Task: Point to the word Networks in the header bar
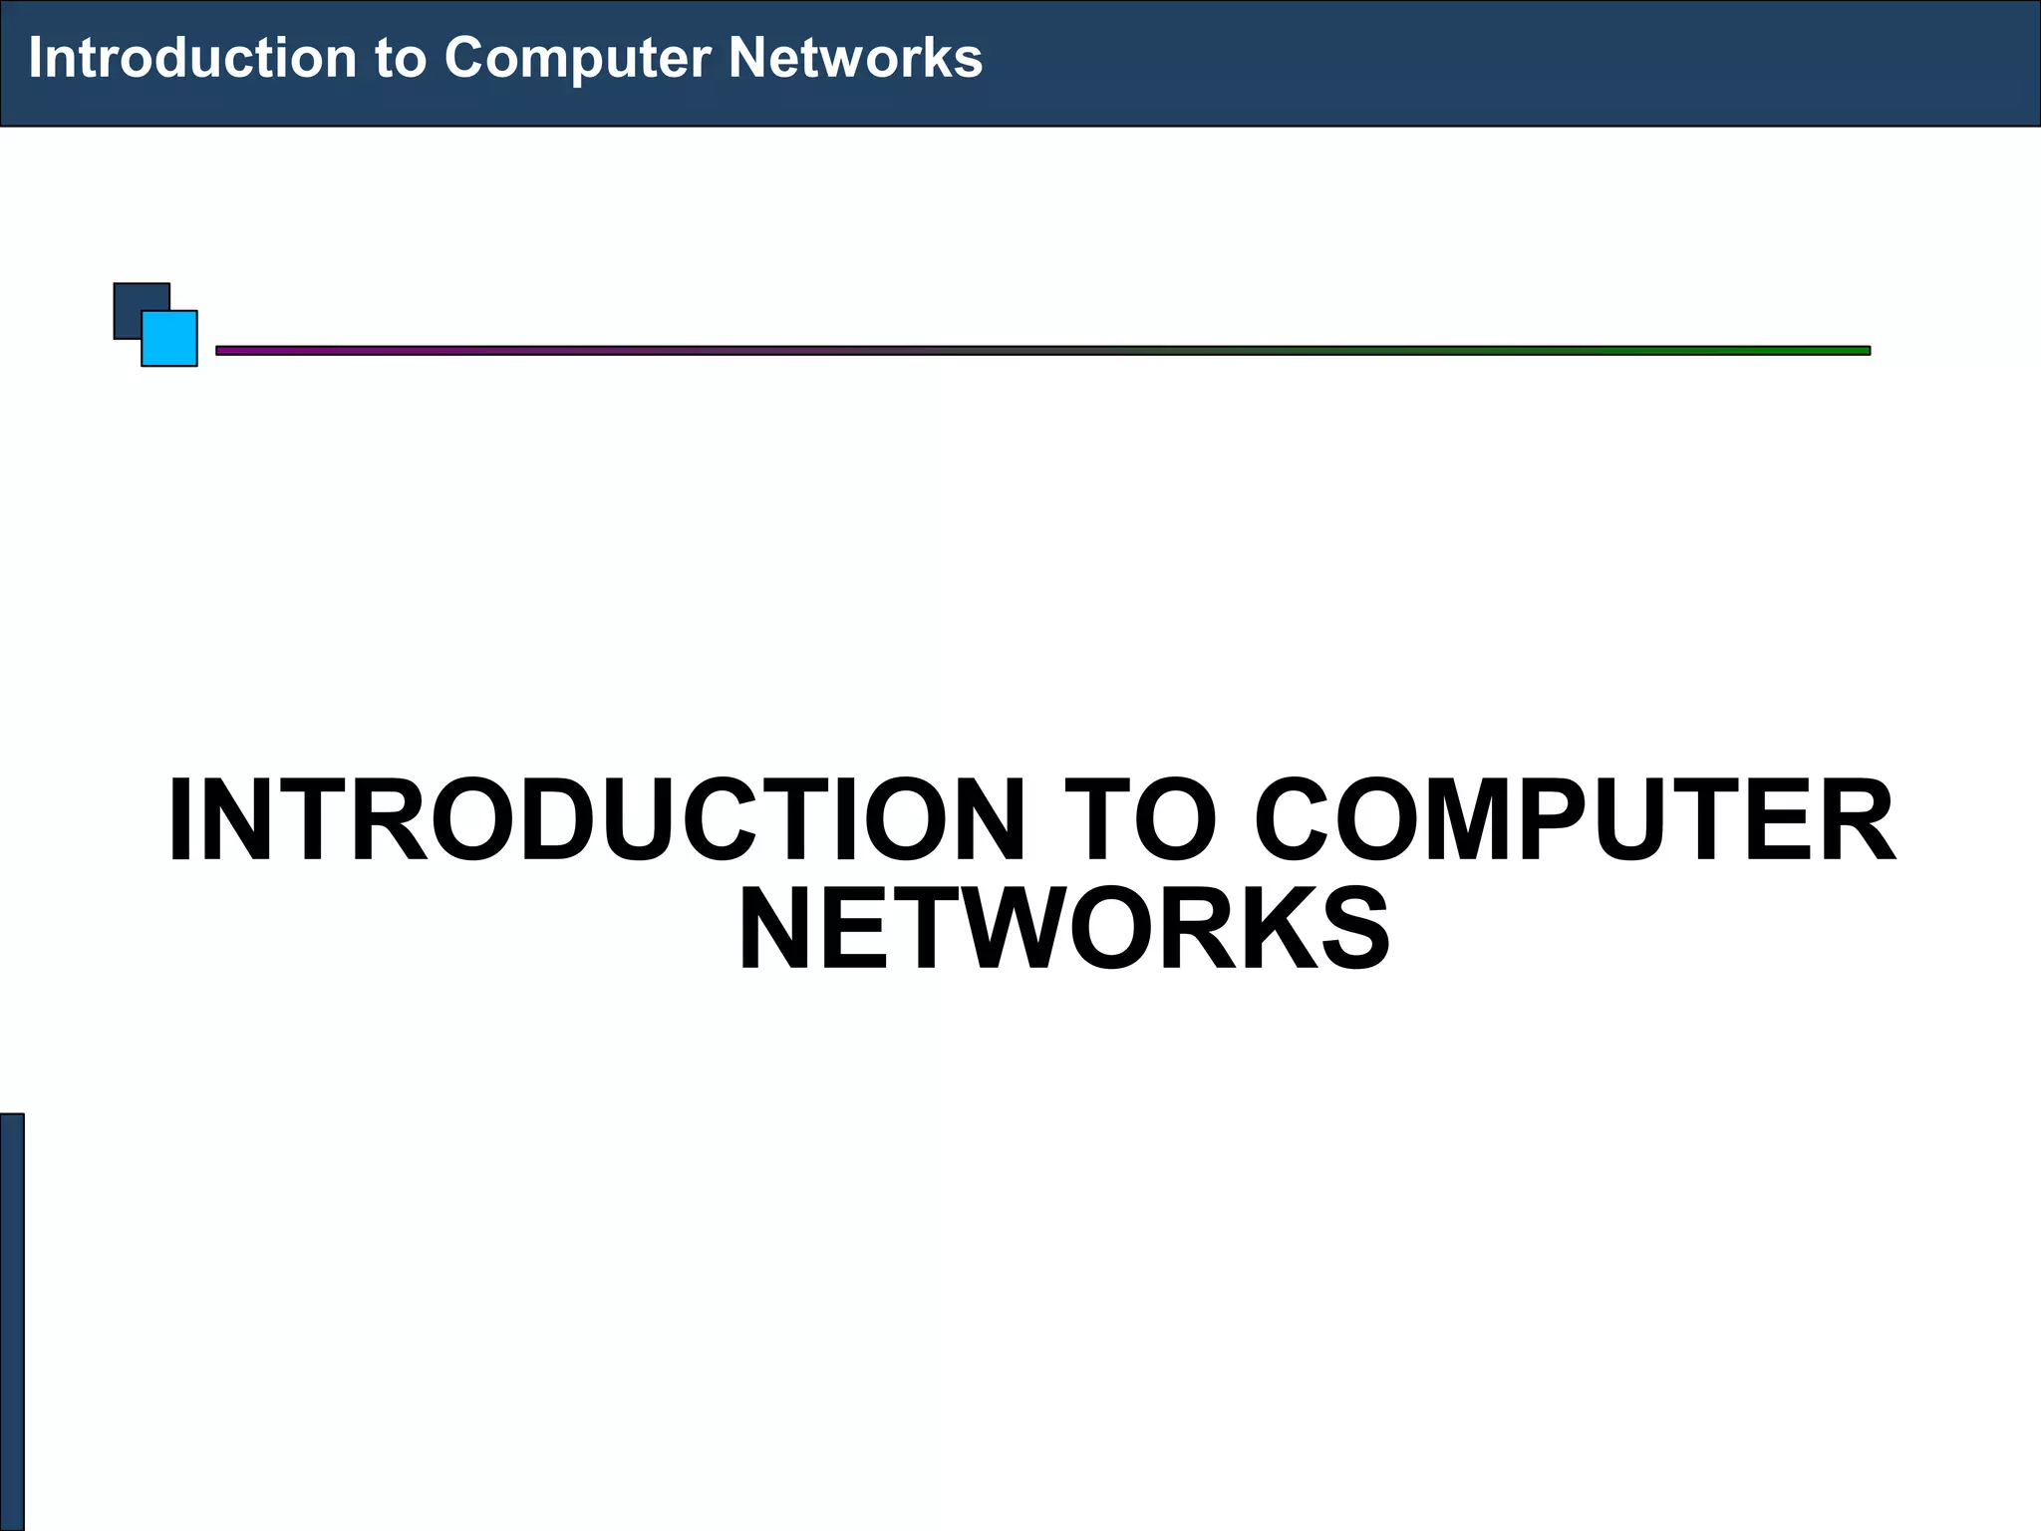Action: pyautogui.click(x=855, y=58)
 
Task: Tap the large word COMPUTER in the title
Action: pyautogui.click(x=1575, y=820)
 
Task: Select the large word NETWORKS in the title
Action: pyautogui.click(x=1063, y=929)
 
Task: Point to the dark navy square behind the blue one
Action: pyautogui.click(x=128, y=298)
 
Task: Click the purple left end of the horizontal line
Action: pyautogui.click(x=239, y=351)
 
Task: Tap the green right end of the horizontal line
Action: pyautogui.click(x=1844, y=351)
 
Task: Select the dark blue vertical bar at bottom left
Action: pyautogui.click(x=11, y=1321)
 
